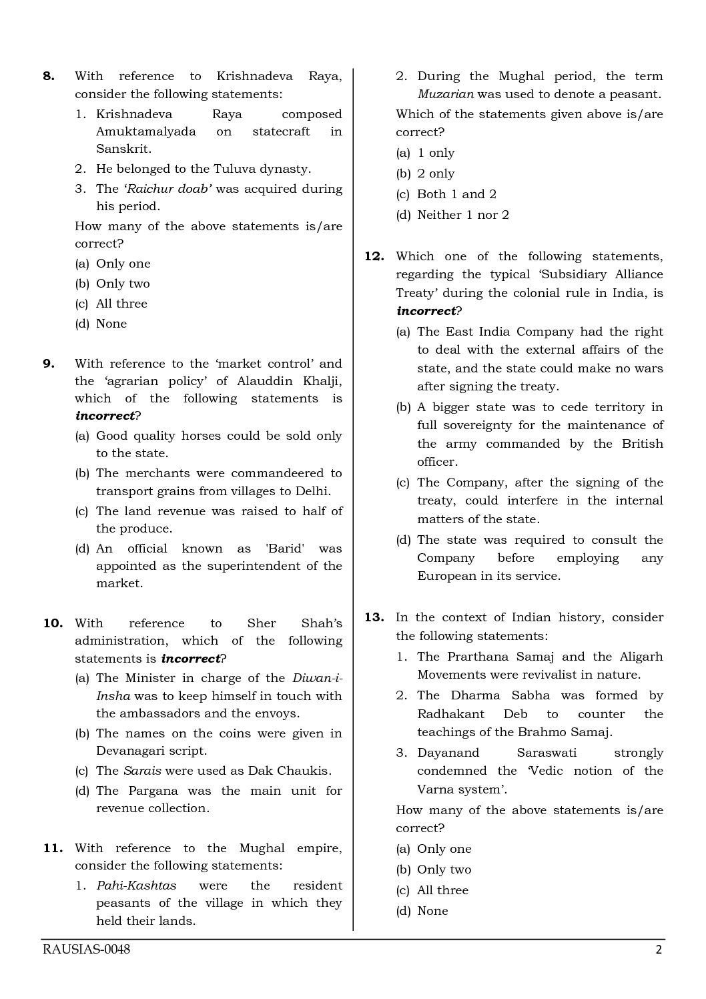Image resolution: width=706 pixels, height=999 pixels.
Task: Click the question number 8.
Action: [x=49, y=76]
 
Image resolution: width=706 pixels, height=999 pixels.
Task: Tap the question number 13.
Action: [x=374, y=617]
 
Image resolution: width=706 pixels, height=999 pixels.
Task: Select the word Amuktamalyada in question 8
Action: [x=146, y=131]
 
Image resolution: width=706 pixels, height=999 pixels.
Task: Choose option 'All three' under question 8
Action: [x=121, y=304]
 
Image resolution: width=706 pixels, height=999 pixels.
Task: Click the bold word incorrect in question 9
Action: [x=105, y=416]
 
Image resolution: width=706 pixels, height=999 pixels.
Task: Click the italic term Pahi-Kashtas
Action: [x=137, y=886]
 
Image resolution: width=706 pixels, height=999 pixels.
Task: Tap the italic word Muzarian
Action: [x=445, y=94]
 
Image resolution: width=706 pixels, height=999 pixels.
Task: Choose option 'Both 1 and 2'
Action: [x=456, y=194]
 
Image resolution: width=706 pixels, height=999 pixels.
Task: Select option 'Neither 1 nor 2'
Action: [x=462, y=215]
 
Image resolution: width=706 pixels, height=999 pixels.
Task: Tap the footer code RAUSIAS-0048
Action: [x=86, y=950]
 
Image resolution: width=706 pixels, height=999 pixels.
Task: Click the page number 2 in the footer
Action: [x=659, y=950]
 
